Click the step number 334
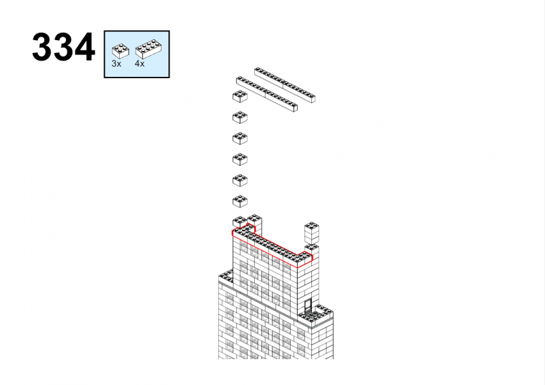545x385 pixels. tap(63, 47)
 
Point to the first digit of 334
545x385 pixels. tap(42, 47)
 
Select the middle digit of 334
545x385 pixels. tap(63, 47)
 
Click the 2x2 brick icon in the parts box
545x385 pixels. tap(121, 51)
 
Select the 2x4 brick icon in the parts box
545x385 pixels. tap(149, 49)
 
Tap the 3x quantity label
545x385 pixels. tap(116, 64)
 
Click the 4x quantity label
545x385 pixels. tap(140, 64)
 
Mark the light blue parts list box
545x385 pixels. tap(137, 54)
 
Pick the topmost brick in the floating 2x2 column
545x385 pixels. tap(240, 97)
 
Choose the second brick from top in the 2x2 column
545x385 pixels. tap(240, 118)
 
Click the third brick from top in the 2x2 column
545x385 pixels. tap(240, 138)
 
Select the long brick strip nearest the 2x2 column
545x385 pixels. tap(267, 95)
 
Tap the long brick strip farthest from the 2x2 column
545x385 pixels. tap(285, 85)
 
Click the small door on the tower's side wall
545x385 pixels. tap(308, 305)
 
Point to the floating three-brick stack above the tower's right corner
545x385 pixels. tap(312, 233)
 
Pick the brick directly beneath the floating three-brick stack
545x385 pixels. tap(312, 250)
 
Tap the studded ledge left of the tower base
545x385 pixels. tap(226, 277)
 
